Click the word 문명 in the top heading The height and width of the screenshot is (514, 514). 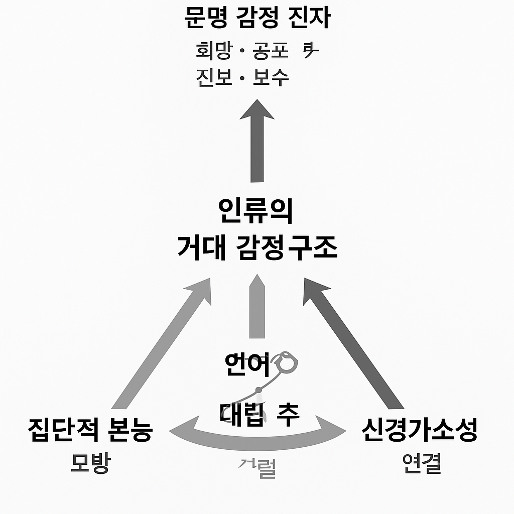[x=202, y=19]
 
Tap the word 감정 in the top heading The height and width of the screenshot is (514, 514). [x=257, y=19]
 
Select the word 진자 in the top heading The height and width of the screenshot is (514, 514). [x=312, y=19]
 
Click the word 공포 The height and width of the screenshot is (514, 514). [x=271, y=51]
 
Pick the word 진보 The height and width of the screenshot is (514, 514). [x=214, y=78]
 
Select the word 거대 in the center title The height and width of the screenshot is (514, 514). [x=200, y=247]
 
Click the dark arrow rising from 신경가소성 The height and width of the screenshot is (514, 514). [x=354, y=346]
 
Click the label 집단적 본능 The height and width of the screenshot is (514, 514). [x=90, y=431]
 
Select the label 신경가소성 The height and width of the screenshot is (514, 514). [x=419, y=431]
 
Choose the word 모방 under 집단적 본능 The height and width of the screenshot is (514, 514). [x=90, y=464]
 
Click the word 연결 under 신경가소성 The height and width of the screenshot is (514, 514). [x=422, y=464]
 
